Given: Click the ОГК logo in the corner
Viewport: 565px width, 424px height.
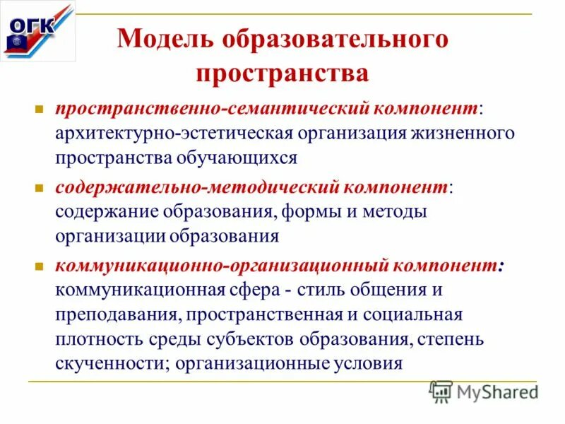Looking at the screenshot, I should pos(37,31).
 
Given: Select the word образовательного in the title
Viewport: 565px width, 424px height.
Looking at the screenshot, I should pos(335,38).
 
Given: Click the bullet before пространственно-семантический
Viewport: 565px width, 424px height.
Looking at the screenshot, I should pos(40,110).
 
